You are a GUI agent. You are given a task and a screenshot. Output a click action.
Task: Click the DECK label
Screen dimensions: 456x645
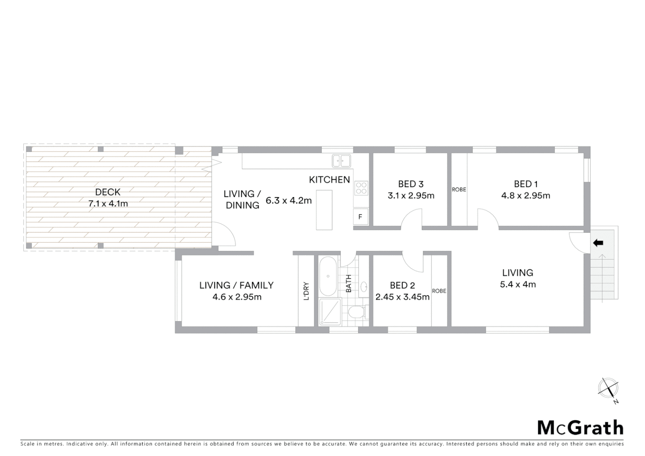108,192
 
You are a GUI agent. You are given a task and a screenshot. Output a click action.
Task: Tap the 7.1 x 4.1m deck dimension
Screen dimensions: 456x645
108,204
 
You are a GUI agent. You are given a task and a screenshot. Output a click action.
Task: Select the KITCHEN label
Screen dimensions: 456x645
329,180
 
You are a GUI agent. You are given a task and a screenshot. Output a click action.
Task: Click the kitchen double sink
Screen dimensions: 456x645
341,161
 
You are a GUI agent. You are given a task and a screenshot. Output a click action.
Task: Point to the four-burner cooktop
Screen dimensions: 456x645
361,188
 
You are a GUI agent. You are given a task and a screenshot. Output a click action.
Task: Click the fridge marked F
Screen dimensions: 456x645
360,217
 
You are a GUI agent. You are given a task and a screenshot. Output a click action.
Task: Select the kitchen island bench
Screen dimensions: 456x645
324,210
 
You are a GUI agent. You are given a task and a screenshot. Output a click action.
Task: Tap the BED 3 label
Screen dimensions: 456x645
410,184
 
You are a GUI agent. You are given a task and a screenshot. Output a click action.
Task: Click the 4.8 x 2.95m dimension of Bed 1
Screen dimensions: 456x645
526,195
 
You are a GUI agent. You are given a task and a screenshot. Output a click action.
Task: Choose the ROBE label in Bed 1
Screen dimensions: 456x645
459,190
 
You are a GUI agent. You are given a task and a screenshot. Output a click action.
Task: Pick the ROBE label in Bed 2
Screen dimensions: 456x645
439,291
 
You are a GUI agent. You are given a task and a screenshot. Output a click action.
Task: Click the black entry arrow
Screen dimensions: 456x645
598,243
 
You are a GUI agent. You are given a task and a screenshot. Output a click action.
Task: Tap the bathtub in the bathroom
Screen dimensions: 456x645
328,276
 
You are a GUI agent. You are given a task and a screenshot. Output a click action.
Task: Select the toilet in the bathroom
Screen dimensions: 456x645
356,313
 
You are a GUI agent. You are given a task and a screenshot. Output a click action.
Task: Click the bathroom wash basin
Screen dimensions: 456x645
364,287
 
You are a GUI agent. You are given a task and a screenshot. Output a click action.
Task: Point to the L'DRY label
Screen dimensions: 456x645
306,291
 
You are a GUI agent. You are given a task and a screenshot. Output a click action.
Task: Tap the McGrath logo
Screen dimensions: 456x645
580,428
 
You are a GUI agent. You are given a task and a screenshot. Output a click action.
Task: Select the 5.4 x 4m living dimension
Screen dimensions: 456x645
518,285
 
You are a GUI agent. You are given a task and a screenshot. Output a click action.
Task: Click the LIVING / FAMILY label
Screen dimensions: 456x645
236,285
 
